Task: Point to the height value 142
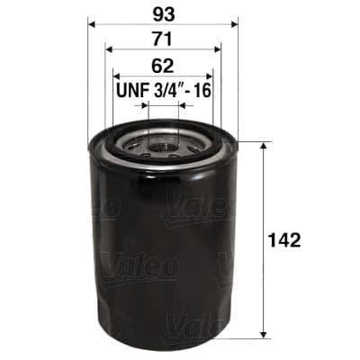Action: (284, 239)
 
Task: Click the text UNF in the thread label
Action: (133, 91)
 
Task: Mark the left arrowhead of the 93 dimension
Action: (91, 22)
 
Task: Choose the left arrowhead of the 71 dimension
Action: (108, 49)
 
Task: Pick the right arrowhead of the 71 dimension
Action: (218, 49)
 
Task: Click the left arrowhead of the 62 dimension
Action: (115, 76)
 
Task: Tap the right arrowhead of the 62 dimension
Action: (211, 76)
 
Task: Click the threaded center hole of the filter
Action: (163, 142)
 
